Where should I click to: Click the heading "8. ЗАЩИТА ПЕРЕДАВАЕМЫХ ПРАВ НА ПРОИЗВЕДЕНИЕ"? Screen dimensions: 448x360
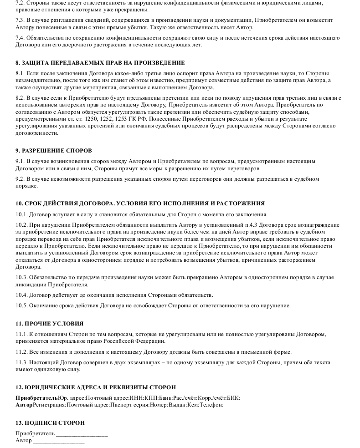pos(100,62)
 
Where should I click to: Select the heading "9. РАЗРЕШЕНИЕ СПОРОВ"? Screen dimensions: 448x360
pos(54,150)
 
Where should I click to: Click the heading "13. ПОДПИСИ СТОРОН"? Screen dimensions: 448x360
pos(50,423)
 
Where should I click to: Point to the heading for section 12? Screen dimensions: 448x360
pos(95,387)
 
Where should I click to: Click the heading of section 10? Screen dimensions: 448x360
pos(140,203)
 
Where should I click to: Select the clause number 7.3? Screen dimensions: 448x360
pos(20,20)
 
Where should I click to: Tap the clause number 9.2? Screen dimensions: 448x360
pos(20,179)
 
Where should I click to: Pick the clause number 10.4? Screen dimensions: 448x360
pos(22,295)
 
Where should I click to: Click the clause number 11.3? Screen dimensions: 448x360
pos(22,362)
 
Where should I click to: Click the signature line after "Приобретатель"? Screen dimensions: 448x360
pos(82,434)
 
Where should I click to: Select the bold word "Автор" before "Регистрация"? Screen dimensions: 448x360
pos(24,404)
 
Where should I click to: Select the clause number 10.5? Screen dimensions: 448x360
pos(22,305)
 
